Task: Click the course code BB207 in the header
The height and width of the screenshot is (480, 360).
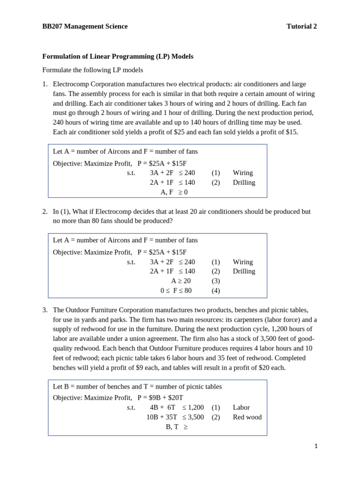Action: click(x=52, y=26)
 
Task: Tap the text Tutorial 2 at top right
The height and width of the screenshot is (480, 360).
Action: click(x=301, y=26)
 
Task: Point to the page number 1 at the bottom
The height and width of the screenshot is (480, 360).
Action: click(x=316, y=446)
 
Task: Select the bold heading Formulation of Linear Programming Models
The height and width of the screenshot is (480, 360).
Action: click(x=118, y=56)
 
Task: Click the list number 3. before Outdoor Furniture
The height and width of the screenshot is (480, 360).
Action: click(x=45, y=310)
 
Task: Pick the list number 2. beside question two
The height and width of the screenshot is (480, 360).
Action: click(x=45, y=212)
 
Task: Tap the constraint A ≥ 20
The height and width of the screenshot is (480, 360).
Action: click(x=181, y=281)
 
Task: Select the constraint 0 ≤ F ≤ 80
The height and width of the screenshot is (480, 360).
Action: click(x=176, y=290)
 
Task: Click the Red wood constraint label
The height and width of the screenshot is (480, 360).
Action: click(x=247, y=417)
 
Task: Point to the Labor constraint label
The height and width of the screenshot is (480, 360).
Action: click(x=241, y=408)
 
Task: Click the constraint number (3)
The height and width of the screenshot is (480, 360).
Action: click(x=216, y=281)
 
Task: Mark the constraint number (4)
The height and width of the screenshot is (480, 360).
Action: click(x=216, y=290)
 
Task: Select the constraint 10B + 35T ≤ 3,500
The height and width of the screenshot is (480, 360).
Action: click(x=175, y=417)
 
